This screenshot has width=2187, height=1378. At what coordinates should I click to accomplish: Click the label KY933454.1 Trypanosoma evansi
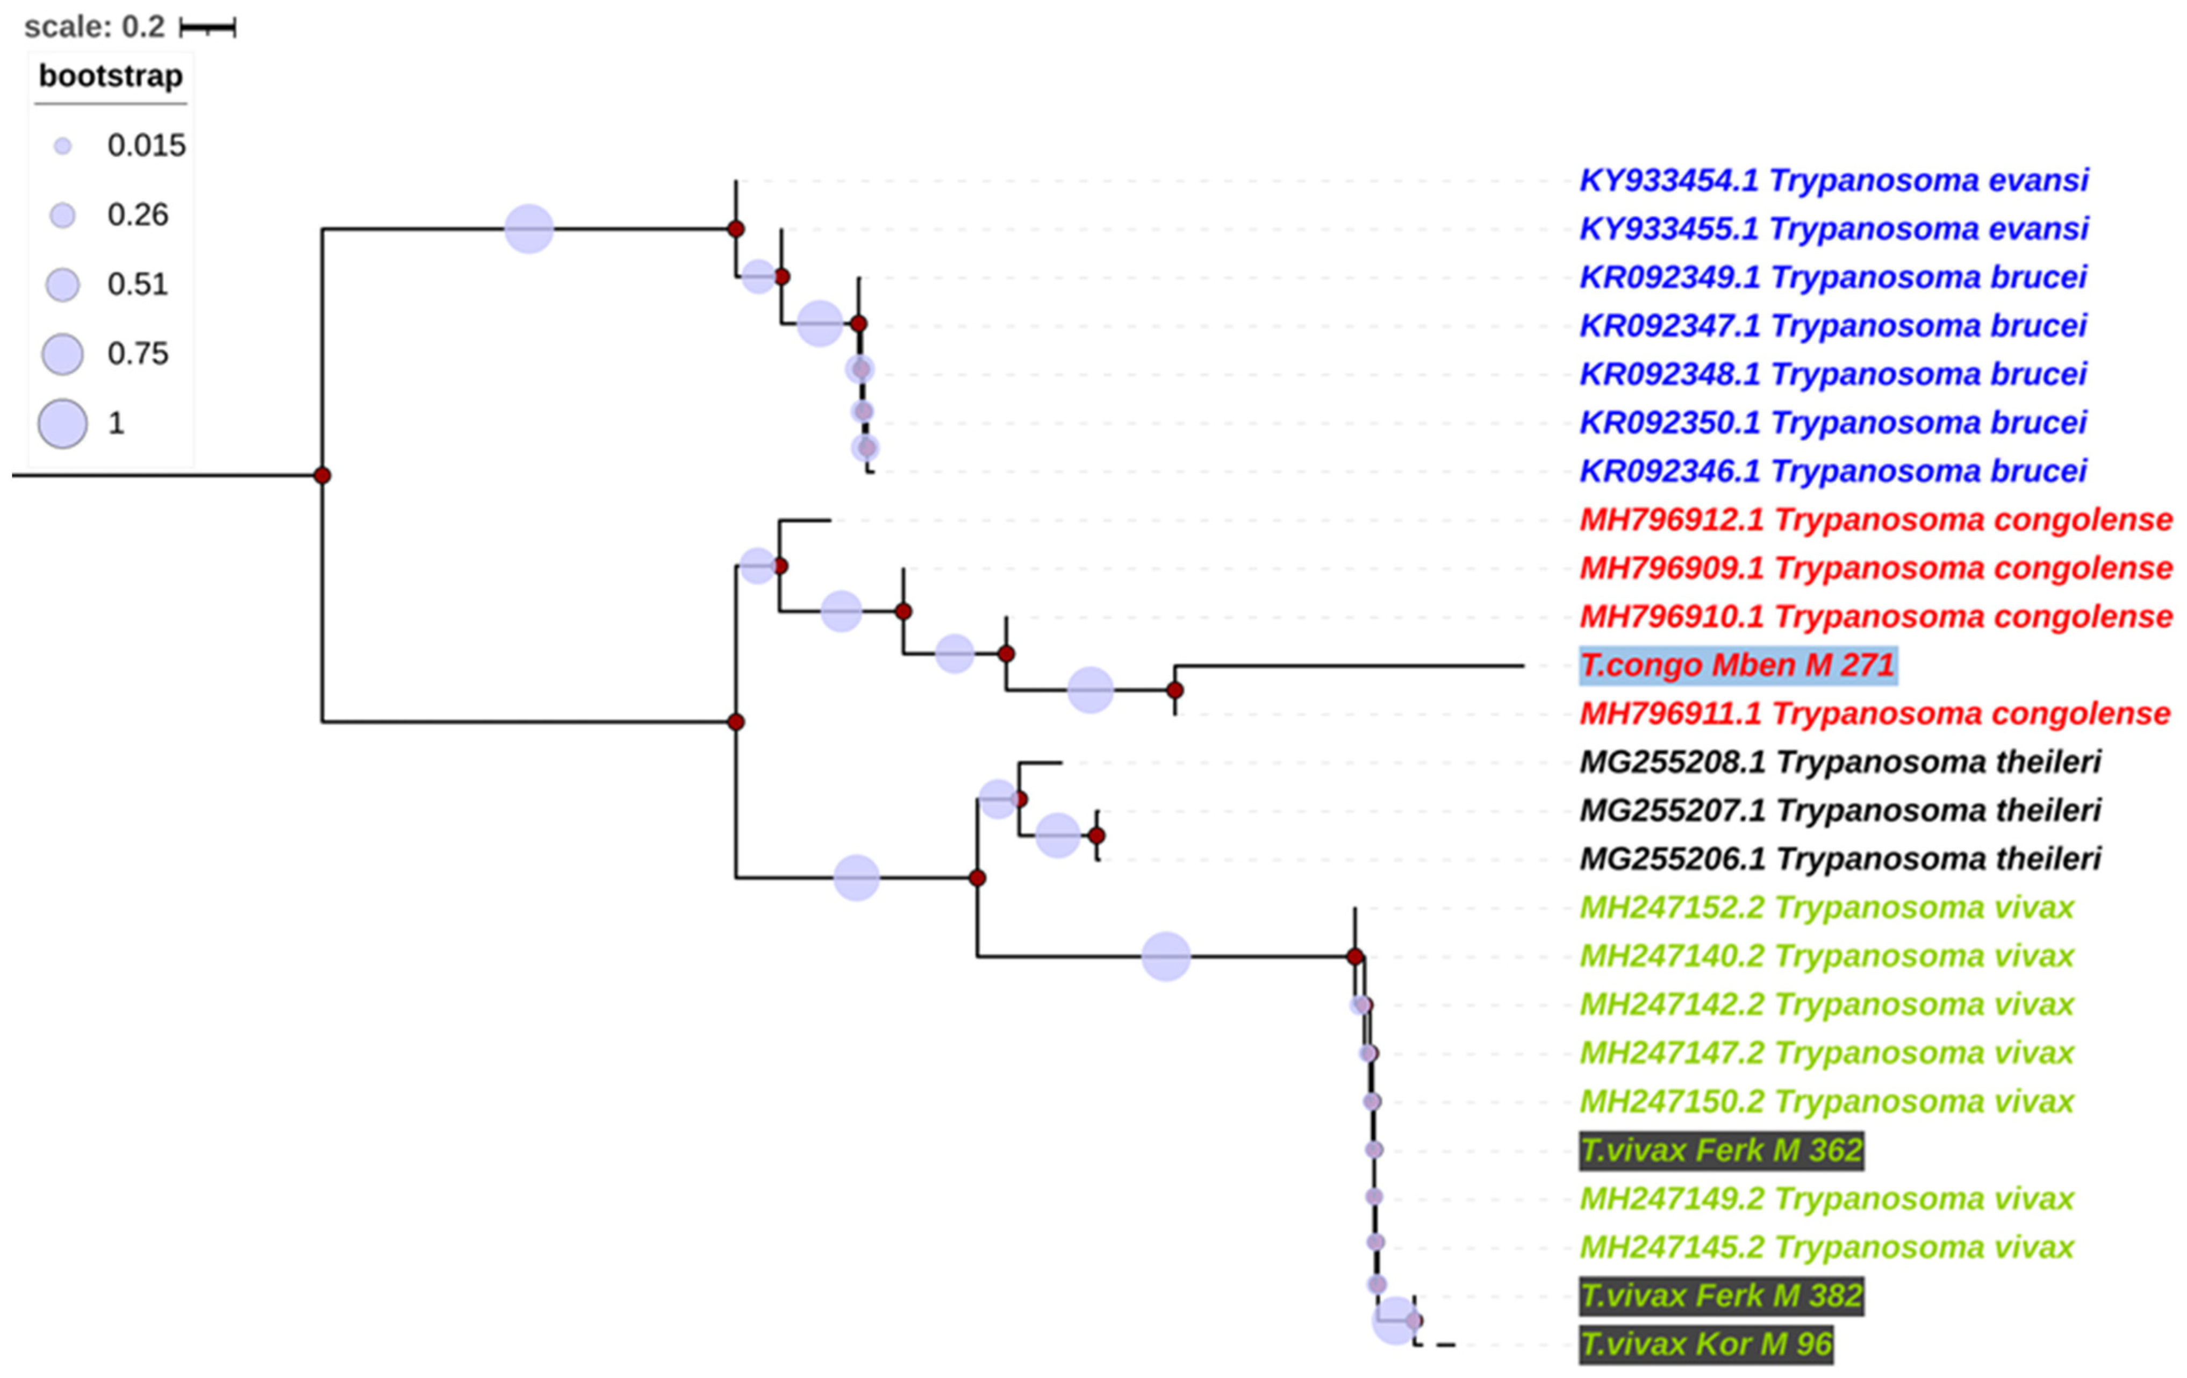tap(1833, 181)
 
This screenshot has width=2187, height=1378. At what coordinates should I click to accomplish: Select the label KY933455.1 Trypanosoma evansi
tap(1833, 229)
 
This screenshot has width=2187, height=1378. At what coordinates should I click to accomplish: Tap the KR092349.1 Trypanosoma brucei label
tap(1833, 277)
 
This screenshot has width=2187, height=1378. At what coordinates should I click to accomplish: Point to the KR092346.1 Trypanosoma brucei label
tap(1833, 472)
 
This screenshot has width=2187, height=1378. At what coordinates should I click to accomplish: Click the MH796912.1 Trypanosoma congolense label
tap(1875, 519)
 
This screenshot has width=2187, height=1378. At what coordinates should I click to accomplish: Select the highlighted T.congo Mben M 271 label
tap(1738, 665)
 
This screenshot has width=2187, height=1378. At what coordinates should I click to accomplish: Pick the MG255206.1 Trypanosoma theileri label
tap(1840, 859)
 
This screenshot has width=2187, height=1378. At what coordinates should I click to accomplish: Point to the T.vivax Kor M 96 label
tap(1705, 1344)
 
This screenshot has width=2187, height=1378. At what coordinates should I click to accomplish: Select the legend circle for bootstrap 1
tap(63, 423)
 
